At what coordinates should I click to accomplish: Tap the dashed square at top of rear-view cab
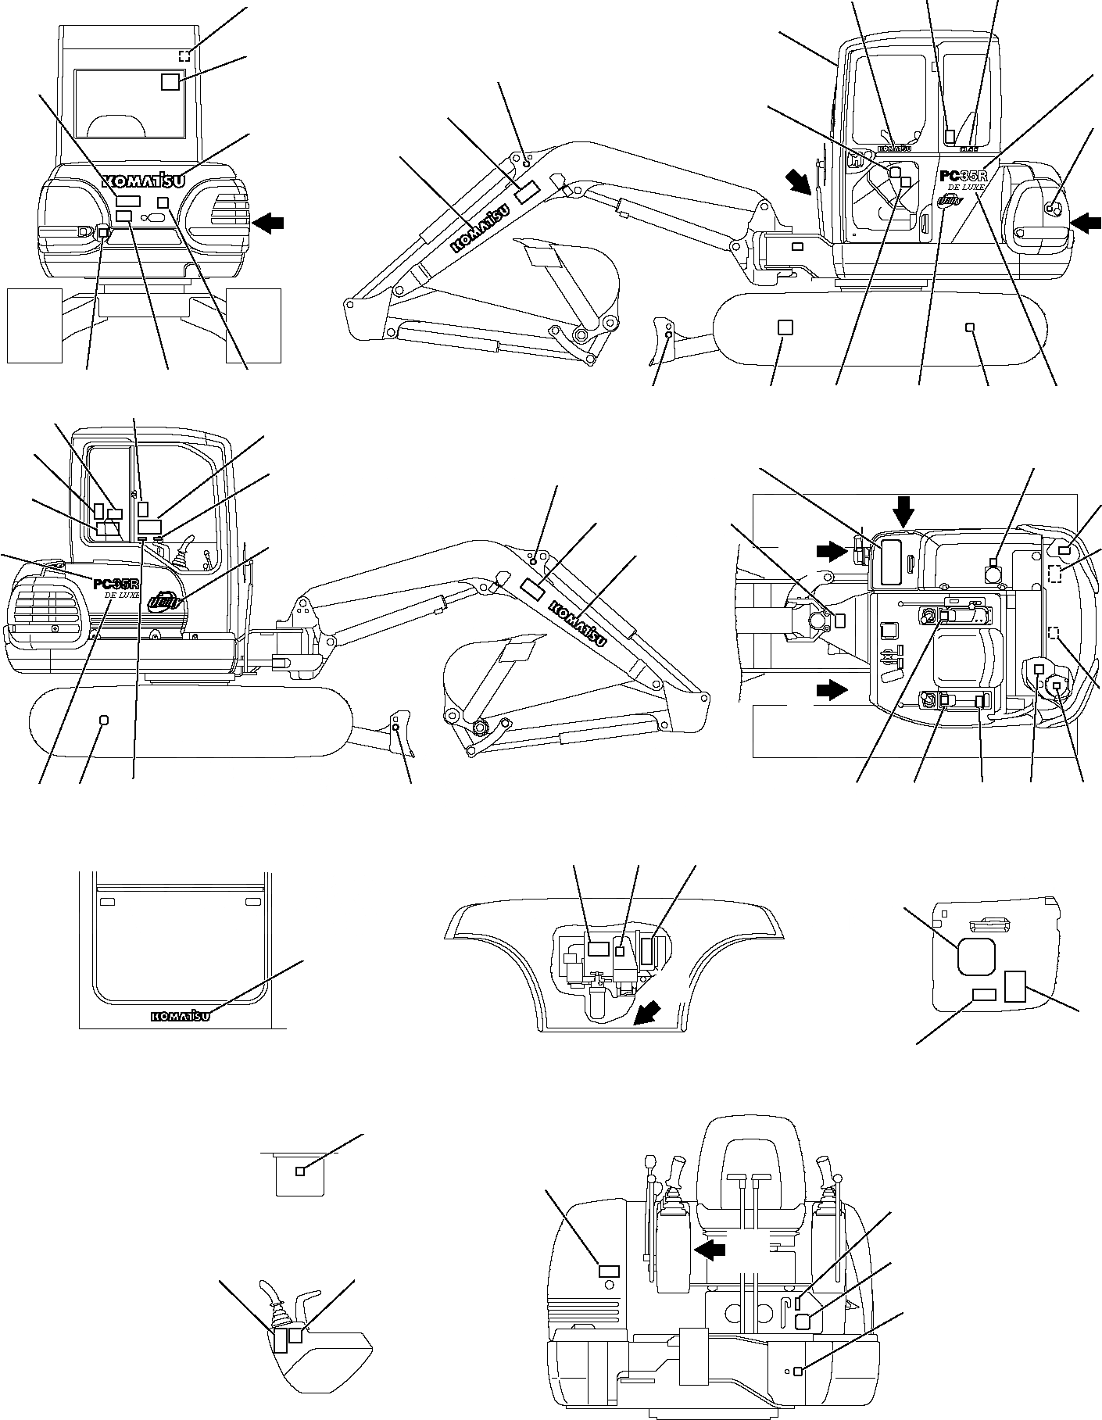184,55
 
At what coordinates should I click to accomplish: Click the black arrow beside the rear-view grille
268,224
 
